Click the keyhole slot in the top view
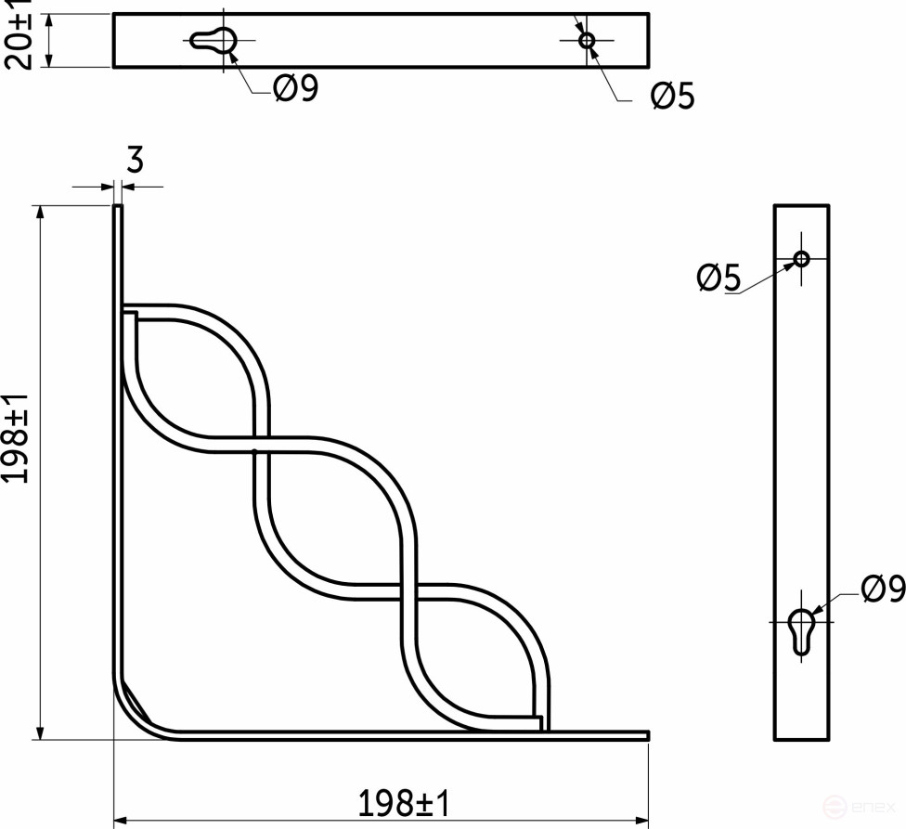coord(216,39)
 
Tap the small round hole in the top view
coord(586,40)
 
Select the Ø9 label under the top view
coord(295,89)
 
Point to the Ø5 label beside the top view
coord(672,96)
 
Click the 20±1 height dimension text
coord(19,34)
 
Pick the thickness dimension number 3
coord(135,162)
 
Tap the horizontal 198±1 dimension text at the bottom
coord(404,802)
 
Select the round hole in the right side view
coord(801,257)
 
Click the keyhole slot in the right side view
coord(801,628)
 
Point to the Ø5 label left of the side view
coord(718,278)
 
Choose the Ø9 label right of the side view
coord(882,589)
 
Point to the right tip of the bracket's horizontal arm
coord(646,735)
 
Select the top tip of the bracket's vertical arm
coord(118,208)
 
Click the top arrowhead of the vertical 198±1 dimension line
coord(40,212)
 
